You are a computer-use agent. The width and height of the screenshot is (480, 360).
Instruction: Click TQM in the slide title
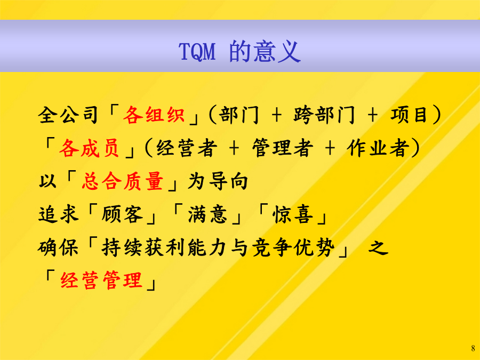click(x=197, y=52)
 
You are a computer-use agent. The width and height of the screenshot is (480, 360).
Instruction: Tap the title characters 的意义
click(x=265, y=51)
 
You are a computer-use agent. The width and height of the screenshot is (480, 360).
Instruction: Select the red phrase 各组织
click(x=154, y=115)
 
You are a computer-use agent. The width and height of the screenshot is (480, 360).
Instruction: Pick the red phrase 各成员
click(x=89, y=148)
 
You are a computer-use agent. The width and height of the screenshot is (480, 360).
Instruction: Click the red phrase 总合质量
click(x=123, y=181)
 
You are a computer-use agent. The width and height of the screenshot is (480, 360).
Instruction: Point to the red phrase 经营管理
click(x=101, y=280)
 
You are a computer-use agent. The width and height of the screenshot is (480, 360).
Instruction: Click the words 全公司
click(x=68, y=115)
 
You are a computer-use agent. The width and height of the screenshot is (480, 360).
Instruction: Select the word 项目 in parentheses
click(x=409, y=115)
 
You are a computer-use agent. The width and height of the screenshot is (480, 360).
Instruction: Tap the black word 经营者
click(x=187, y=148)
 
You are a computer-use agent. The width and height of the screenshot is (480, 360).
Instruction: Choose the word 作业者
click(x=378, y=148)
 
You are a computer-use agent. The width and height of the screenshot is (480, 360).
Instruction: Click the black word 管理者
click(x=283, y=148)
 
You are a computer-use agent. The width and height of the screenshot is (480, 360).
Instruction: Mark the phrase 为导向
click(x=218, y=181)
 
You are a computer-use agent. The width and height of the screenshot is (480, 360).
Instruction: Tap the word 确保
click(x=58, y=247)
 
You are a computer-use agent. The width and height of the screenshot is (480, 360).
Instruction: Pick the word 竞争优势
click(x=293, y=247)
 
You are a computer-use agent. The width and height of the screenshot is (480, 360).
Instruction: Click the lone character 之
click(x=378, y=247)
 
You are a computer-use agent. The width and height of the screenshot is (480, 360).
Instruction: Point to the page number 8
click(x=473, y=348)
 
